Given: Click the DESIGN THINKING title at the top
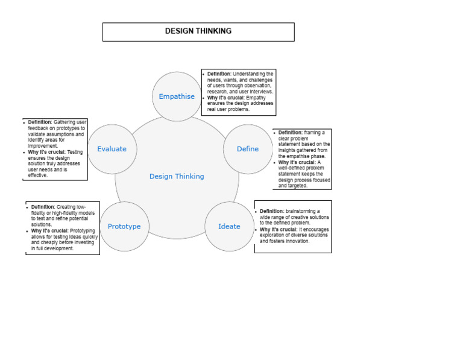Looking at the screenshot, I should point(198,31).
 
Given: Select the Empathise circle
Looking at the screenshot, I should point(177,96).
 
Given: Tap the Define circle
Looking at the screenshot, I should point(248,149).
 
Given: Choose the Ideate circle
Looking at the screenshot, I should point(229,227).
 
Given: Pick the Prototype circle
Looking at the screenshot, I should point(124,227).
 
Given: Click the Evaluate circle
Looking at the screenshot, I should point(112,149).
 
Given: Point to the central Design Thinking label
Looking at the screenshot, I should point(177,177).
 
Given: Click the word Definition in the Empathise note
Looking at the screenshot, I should point(219,74).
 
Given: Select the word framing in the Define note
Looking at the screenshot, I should point(313,132).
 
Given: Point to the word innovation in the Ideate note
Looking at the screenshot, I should point(295,241).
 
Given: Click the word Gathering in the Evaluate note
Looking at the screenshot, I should point(65,122).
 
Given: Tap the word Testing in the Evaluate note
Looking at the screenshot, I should point(75,152).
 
